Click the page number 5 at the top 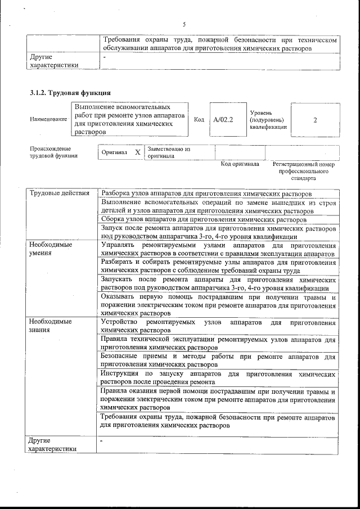tap(184, 24)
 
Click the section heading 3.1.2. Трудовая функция tap(70, 92)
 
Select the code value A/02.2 tap(228, 120)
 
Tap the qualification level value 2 tap(315, 120)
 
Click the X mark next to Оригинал tap(138, 152)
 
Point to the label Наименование tap(48, 119)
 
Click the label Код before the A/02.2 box tap(199, 120)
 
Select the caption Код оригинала tap(240, 164)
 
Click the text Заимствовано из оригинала tap(169, 153)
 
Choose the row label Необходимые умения tap(51, 249)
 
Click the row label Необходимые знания tap(51, 326)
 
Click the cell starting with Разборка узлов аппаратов tap(206, 193)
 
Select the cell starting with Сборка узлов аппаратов tap(204, 219)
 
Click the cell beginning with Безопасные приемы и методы tap(217, 361)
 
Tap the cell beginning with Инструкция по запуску tap(217, 377)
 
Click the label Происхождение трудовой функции tap(53, 152)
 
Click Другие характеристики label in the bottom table tap(53, 445)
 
